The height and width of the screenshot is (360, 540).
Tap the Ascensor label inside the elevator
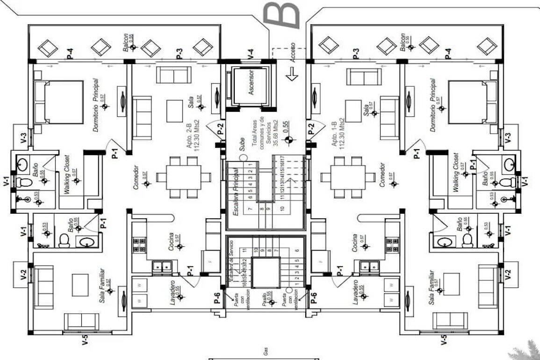[x=251, y=83]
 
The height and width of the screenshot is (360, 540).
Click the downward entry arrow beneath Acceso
[x=292, y=74]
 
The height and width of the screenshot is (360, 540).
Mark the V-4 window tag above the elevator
[x=251, y=54]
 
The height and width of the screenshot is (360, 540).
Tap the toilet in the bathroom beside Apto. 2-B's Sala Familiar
[x=64, y=240]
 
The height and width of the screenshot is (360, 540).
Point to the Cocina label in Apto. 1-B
[x=356, y=242]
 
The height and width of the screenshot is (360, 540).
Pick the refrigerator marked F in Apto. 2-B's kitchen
[x=210, y=262]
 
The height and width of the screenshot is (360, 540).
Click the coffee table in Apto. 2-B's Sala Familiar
[x=80, y=284]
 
